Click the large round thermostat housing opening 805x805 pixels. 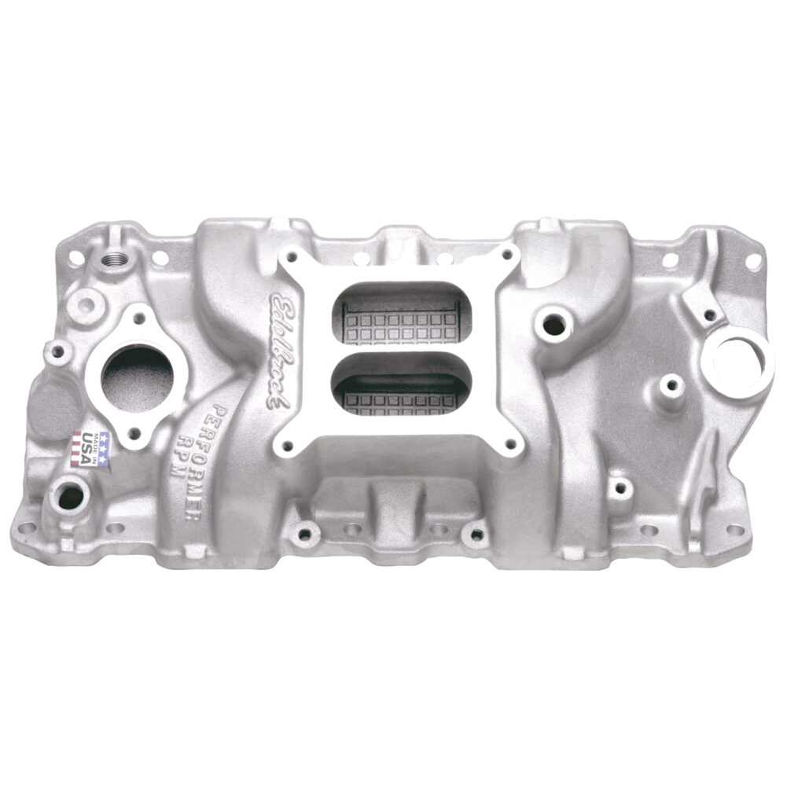coord(138,374)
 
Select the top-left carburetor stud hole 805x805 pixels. coord(292,256)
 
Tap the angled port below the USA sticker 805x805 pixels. coord(68,496)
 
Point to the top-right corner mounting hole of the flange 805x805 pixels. coord(753,259)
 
